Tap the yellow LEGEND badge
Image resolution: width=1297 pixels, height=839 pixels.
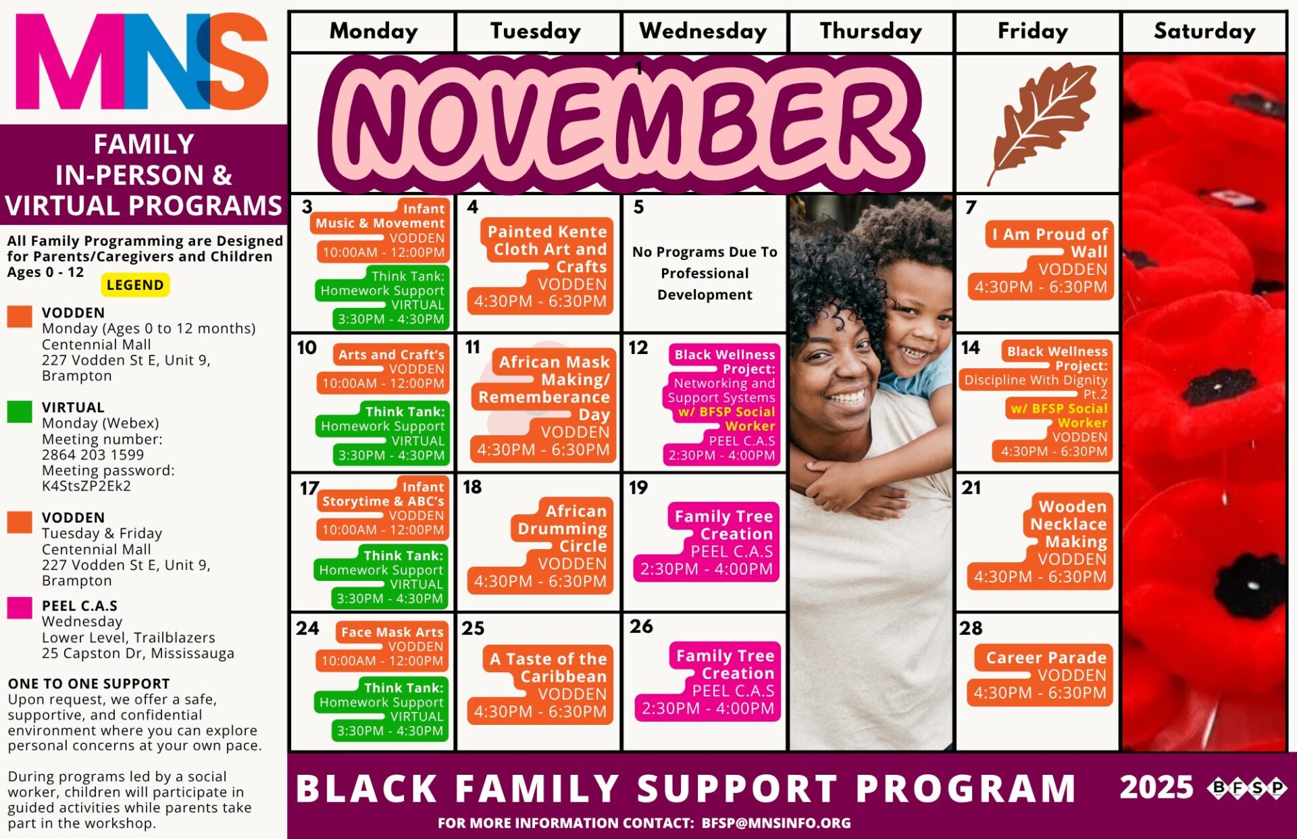click(135, 285)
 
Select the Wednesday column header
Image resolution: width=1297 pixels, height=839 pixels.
click(703, 31)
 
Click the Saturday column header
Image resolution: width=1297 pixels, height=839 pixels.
click(1204, 31)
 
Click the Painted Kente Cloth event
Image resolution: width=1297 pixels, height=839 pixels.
click(540, 266)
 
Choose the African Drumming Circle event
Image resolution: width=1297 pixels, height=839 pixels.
click(540, 546)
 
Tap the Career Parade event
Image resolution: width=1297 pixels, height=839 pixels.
click(1040, 675)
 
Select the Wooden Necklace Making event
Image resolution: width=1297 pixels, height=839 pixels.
click(1040, 541)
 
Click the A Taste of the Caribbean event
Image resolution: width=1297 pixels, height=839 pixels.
click(540, 685)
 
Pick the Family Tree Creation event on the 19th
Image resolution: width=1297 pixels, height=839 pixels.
click(707, 542)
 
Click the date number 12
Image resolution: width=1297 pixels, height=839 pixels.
click(638, 348)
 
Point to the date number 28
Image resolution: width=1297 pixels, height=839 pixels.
click(971, 628)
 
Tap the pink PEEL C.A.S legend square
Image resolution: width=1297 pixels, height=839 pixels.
click(20, 608)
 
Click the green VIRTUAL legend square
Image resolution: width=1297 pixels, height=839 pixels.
click(20, 411)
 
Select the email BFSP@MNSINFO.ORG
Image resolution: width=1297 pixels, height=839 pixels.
click(776, 823)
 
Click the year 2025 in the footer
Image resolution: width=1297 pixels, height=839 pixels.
click(1156, 788)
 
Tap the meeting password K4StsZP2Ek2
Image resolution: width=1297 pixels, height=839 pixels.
click(86, 486)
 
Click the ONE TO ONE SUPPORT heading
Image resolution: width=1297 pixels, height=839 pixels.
click(89, 684)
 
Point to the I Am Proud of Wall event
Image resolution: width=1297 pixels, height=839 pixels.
click(1040, 260)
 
